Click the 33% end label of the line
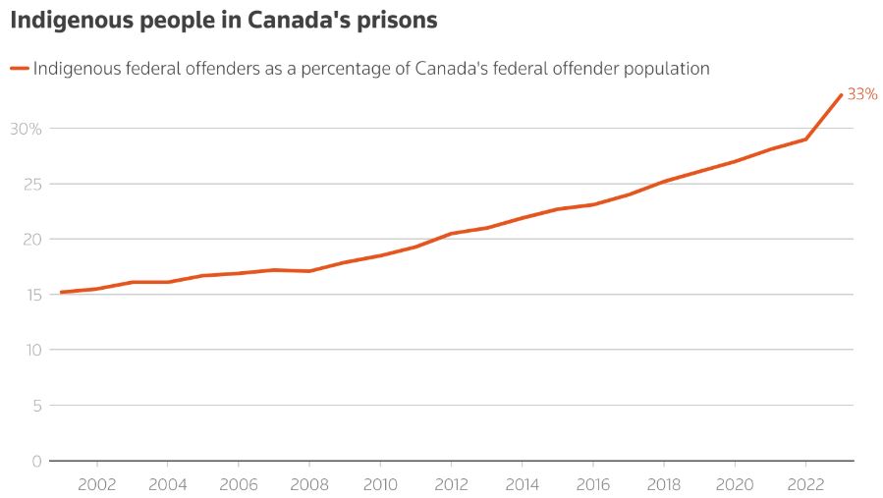click(x=861, y=94)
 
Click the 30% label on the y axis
click(x=26, y=129)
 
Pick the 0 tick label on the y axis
click(x=36, y=461)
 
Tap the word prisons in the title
click(x=398, y=20)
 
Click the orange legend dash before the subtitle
click(x=19, y=69)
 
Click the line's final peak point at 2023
click(x=842, y=94)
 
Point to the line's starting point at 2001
click(x=61, y=293)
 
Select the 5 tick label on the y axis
click(x=36, y=406)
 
